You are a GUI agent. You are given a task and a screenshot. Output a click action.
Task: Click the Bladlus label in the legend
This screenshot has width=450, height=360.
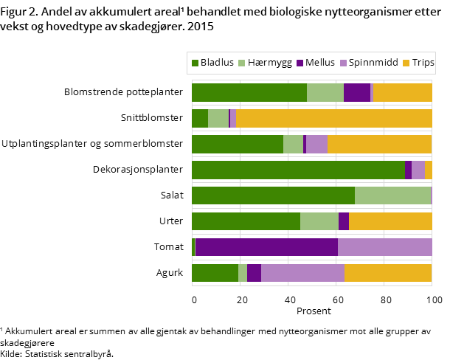217,63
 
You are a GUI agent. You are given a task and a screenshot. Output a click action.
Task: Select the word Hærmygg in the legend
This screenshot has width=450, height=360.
270,63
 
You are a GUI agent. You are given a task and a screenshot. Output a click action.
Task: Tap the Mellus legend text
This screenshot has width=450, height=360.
319,63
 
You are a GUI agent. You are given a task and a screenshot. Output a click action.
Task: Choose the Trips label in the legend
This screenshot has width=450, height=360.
422,63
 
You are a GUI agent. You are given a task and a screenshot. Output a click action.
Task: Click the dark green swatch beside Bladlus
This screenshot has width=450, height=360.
195,63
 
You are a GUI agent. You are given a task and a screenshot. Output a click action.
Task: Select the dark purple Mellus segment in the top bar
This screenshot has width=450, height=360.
356,92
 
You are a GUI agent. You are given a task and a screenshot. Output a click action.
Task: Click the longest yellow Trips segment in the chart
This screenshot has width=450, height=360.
333,118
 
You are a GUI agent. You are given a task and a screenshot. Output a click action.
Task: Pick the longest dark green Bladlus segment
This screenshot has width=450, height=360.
298,170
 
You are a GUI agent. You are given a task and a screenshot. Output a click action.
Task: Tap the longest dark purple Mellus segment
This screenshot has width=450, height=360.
266,247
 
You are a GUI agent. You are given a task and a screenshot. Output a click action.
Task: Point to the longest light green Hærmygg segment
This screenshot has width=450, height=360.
392,195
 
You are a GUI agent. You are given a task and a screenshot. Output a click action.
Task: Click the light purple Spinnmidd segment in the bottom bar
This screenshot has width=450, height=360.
302,273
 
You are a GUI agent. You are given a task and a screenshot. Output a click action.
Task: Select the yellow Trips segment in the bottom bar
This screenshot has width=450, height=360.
388,273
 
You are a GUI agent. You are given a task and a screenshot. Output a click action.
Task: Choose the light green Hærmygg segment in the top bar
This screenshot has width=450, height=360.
325,92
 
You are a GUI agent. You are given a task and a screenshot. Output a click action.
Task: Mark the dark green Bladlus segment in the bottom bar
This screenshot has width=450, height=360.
215,273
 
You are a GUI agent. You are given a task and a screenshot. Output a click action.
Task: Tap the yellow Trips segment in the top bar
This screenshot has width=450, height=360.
402,92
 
